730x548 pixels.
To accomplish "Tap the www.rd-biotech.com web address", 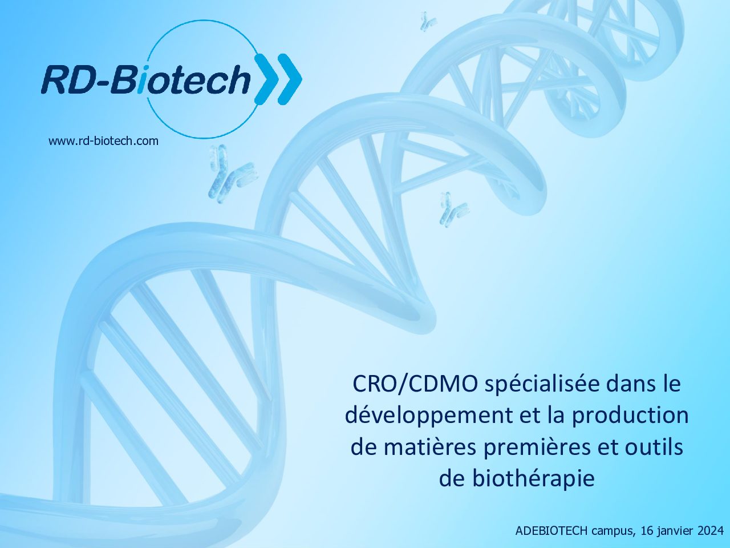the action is point(103,141).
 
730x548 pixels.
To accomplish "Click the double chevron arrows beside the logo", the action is point(278,79).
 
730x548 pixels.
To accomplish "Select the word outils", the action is point(654,447).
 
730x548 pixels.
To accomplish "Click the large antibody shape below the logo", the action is point(231,173).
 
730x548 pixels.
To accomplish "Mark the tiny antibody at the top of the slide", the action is point(427,21).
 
